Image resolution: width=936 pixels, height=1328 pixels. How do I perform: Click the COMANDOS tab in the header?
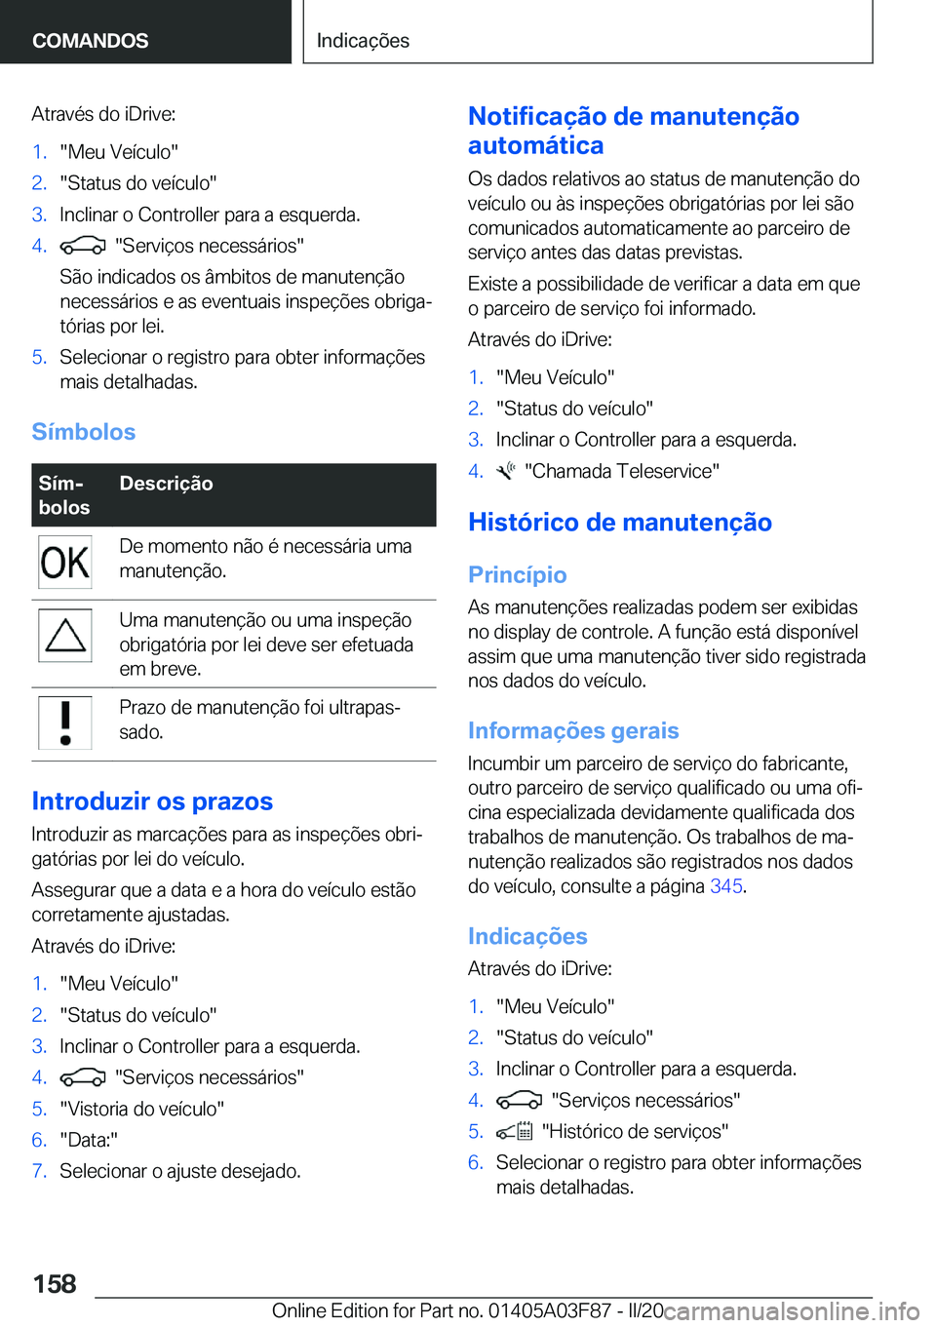coord(91,41)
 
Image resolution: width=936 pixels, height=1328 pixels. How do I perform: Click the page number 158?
coord(55,1283)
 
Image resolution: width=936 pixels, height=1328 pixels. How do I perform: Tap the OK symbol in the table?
coord(65,563)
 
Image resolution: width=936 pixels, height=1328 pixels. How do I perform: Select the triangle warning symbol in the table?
coord(65,636)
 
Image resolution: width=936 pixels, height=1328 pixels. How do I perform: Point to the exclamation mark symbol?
coord(65,723)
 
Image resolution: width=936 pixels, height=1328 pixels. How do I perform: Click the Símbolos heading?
coord(84,432)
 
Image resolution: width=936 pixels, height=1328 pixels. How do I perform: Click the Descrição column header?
coord(166,484)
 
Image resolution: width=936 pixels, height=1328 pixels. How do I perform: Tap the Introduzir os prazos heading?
coord(152,801)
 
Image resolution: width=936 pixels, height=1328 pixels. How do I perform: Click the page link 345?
coord(726,886)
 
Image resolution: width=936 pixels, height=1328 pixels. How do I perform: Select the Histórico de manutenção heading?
coord(620,523)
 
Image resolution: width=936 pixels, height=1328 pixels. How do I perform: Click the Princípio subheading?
coord(518,575)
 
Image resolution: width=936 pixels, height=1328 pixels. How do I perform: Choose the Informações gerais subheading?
coord(573,731)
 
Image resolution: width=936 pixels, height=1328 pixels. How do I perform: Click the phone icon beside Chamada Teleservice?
coord(505,472)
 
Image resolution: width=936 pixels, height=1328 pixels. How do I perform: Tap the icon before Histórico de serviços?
coord(514,1132)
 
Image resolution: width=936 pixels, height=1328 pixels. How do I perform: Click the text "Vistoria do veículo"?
coord(142,1109)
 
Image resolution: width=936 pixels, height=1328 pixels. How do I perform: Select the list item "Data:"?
coord(89,1140)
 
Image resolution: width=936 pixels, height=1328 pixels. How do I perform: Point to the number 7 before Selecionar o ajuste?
coord(39,1171)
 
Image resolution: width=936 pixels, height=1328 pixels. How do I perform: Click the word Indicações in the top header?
coord(363,41)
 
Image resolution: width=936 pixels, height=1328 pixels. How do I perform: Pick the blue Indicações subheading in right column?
coord(527,937)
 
